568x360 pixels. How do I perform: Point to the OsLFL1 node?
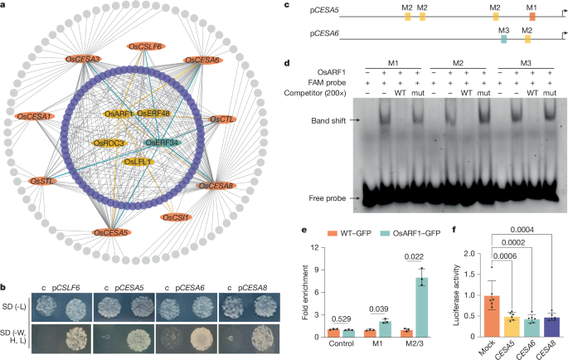(138, 162)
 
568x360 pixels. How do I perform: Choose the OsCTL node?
(221, 120)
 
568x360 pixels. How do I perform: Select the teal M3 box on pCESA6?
(503, 39)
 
